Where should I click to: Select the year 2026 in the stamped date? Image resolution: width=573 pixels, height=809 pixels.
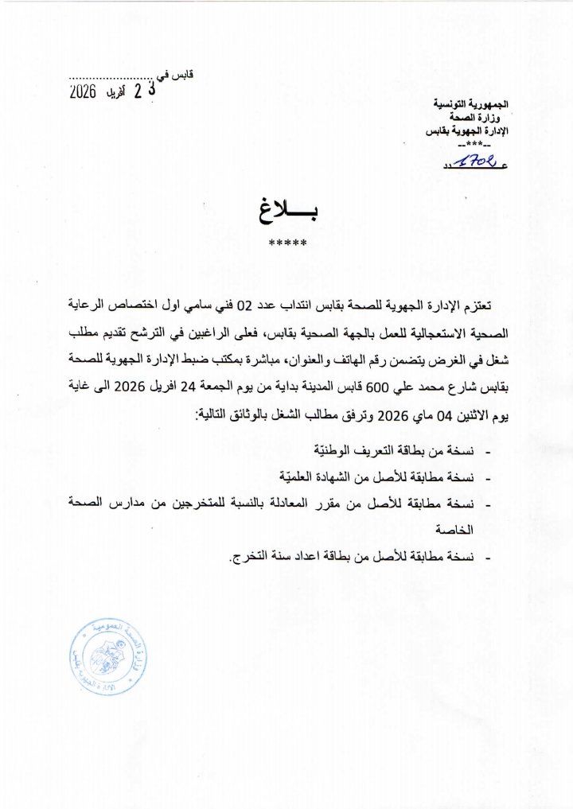(x=83, y=91)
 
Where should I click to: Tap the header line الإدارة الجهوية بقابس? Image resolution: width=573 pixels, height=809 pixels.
(x=467, y=130)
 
